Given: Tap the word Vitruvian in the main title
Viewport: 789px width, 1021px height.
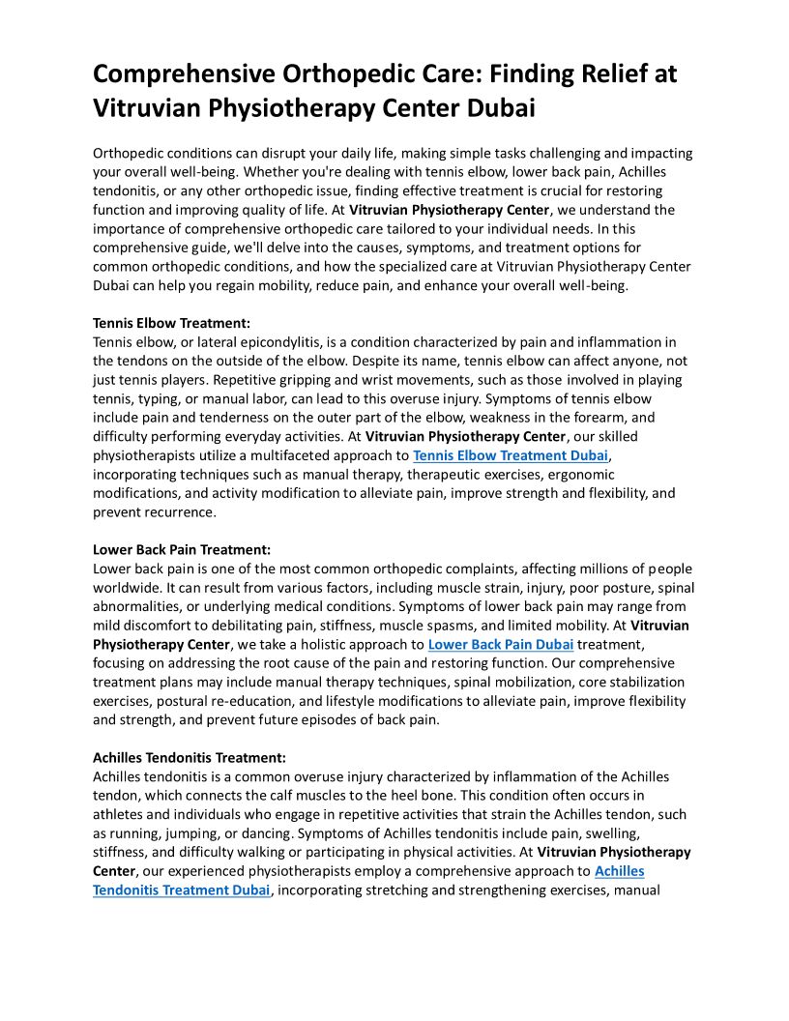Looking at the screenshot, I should coord(156,108).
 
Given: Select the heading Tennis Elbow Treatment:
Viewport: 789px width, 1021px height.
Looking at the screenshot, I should coord(171,323).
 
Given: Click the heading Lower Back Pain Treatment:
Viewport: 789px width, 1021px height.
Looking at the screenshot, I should coord(181,550).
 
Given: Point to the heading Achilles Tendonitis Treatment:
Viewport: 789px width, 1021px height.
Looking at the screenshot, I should coord(190,758).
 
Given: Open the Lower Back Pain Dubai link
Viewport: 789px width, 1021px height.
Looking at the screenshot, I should coord(501,644).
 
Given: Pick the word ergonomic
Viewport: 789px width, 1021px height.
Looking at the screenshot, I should coord(579,475).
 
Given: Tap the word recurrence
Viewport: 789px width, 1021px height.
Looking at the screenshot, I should coord(181,512).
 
